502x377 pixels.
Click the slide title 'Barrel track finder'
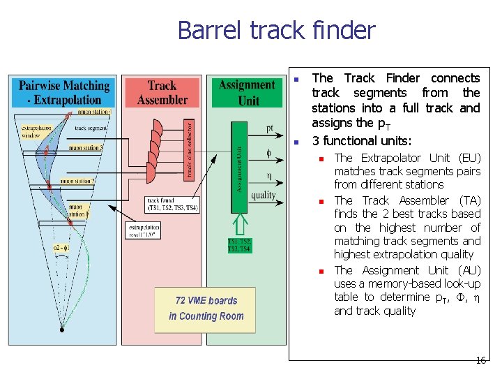tap(276, 31)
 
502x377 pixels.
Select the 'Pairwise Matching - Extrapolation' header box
tap(63, 92)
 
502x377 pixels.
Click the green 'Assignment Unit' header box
tap(248, 91)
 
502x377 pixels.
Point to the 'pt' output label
tap(270, 128)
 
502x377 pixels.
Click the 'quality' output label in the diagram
tap(263, 195)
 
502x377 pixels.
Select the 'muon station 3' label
tap(86, 148)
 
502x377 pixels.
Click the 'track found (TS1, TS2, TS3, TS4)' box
tap(172, 205)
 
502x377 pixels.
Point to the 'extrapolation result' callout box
tap(144, 231)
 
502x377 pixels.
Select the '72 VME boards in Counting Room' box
tap(206, 309)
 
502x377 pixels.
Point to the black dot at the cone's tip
tap(62, 330)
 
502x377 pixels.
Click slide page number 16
tap(480, 360)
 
